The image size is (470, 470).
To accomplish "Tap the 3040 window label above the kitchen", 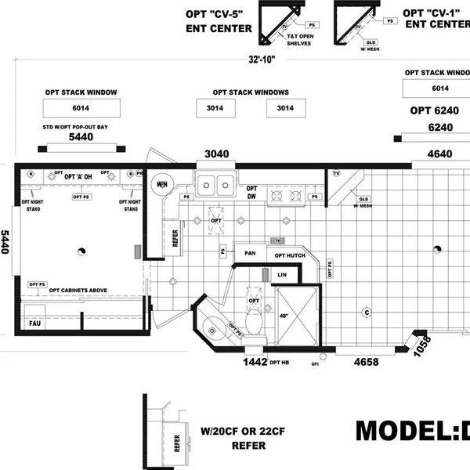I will pyautogui.click(x=217, y=154).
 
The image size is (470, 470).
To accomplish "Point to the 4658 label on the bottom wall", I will pyautogui.click(x=367, y=362).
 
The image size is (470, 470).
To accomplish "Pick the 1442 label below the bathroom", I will pyautogui.click(x=255, y=362).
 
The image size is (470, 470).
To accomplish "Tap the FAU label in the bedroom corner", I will pyautogui.click(x=34, y=322).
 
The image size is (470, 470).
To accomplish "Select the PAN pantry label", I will pyautogui.click(x=251, y=253).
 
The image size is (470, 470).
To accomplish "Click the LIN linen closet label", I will pyautogui.click(x=283, y=275).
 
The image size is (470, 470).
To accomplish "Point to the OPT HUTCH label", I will pyautogui.click(x=291, y=255).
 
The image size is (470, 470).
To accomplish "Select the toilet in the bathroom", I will pyautogui.click(x=254, y=320).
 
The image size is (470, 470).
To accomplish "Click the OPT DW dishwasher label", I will pyautogui.click(x=252, y=193).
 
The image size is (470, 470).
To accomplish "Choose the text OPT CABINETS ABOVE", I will pyautogui.click(x=78, y=290).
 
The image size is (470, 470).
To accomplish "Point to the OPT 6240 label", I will pyautogui.click(x=431, y=110).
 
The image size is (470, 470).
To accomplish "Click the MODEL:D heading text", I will pyautogui.click(x=412, y=432).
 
